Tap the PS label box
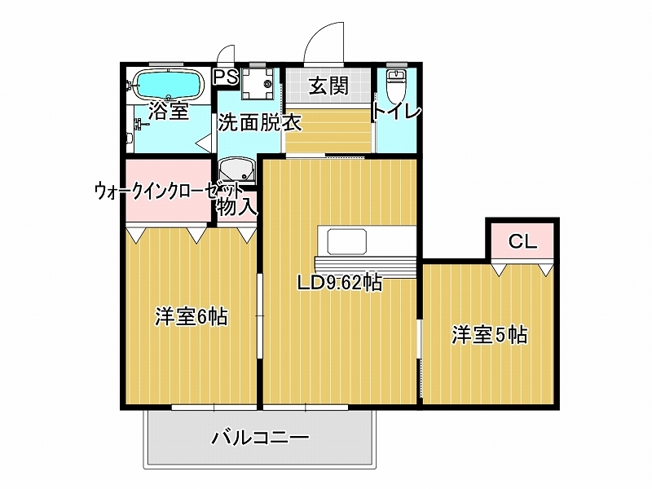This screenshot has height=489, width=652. pos(226,77)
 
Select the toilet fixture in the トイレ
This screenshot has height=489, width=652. pos(395,87)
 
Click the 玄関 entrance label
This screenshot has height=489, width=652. pos(328,86)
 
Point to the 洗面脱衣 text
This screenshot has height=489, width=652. pos(260,123)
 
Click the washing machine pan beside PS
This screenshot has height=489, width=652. pos(258,83)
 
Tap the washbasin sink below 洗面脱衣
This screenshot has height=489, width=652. pos(237,170)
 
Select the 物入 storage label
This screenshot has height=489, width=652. pos(237,206)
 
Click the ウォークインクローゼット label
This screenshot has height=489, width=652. pos(169,192)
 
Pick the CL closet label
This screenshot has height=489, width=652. pos(522,241)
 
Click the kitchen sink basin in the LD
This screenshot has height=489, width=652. pos(347,242)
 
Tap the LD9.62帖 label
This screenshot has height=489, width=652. pos(339,284)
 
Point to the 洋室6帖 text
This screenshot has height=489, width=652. pos(192,317)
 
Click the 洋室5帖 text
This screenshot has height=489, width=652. pos(490,335)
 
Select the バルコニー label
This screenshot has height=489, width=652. pos(261,438)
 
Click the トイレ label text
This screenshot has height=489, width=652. pos(396,112)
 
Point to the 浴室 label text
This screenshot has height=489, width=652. pos(169,111)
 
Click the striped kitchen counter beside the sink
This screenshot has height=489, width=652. pos(365,267)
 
